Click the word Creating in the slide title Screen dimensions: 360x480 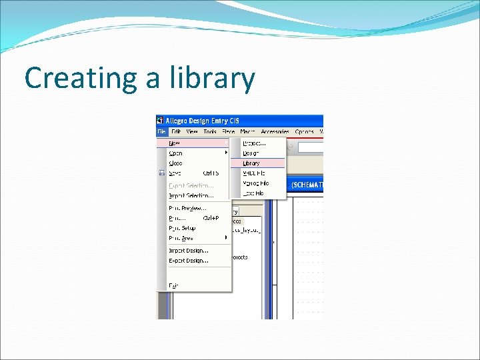77,78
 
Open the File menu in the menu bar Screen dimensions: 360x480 161,132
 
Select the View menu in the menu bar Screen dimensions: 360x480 192,132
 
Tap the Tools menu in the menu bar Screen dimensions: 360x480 210,132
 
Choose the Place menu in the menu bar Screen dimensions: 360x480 229,132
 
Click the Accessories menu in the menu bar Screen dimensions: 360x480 275,132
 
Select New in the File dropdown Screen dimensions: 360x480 175,143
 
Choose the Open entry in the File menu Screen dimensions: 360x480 176,153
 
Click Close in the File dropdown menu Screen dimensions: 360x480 176,163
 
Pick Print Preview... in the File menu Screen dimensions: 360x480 187,207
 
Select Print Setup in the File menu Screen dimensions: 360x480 182,227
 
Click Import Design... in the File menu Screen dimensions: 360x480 189,250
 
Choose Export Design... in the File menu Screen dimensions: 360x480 189,260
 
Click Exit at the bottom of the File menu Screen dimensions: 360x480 173,285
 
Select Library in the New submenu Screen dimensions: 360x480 251,163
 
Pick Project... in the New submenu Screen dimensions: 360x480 254,143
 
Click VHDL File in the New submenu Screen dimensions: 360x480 254,173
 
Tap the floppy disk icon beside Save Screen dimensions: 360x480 161,173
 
